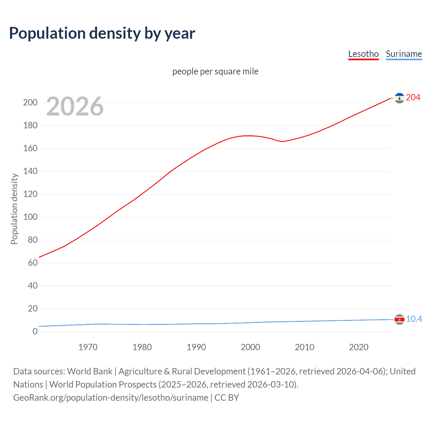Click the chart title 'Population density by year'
(x=102, y=33)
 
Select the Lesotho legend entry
(x=363, y=54)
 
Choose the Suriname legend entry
(x=404, y=54)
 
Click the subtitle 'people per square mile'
(x=215, y=71)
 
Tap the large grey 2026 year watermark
(x=75, y=106)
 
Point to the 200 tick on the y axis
(x=30, y=103)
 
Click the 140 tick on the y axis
(x=30, y=171)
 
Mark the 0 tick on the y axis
(x=35, y=332)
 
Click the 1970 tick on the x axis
(x=88, y=347)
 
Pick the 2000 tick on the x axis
(x=250, y=347)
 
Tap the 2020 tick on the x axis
(x=359, y=347)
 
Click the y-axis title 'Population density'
(x=14, y=209)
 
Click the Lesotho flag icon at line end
(x=399, y=98)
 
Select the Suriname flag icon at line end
(x=399, y=319)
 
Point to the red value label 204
(x=413, y=98)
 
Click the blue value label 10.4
(x=414, y=319)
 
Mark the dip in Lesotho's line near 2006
(x=283, y=141)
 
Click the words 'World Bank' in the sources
(x=90, y=371)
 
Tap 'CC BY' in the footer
(x=227, y=398)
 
